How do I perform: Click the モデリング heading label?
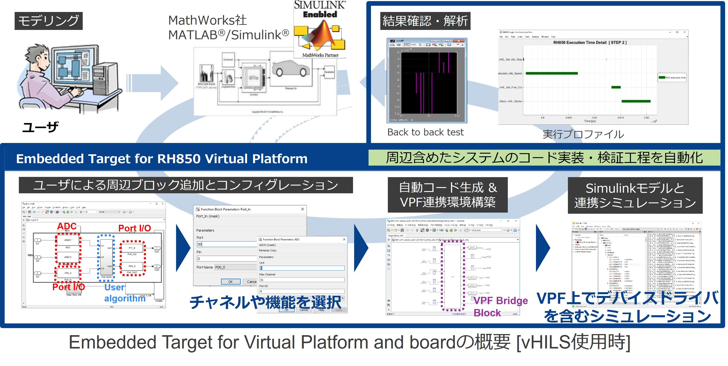49,21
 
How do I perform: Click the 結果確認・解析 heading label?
425,21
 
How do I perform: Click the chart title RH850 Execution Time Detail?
590,42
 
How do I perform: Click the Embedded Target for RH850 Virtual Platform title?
162,159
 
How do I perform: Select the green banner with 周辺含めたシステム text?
544,158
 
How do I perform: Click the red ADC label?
67,226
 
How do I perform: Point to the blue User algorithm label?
124,293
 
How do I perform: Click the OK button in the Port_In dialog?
230,282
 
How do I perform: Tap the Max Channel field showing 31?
302,280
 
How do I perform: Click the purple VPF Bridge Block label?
500,306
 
